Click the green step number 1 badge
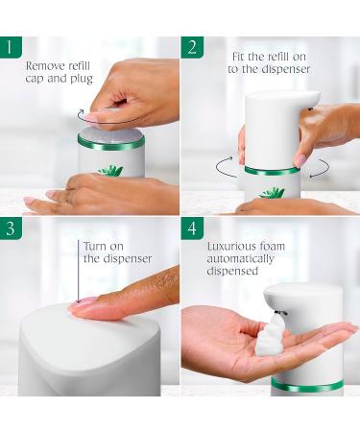[x=12, y=47]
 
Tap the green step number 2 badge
[x=192, y=47]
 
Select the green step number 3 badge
[x=12, y=228]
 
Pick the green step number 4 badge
[x=192, y=228]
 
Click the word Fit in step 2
[x=235, y=56]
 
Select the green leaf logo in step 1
[x=111, y=170]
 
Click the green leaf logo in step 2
[x=271, y=192]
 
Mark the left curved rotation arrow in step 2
[x=226, y=168]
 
